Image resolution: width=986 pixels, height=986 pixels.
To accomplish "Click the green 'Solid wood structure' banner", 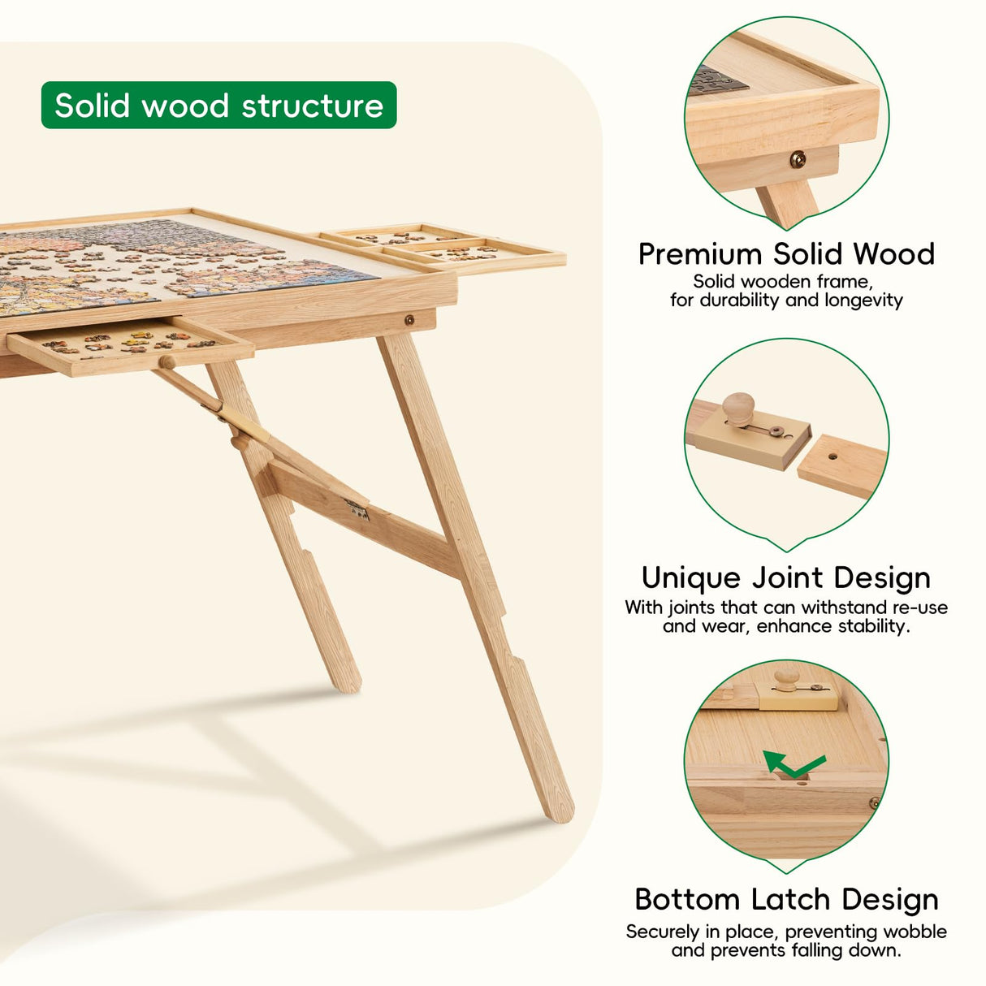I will tap(218, 106).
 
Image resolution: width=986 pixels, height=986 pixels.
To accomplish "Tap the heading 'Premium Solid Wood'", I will tap(786, 254).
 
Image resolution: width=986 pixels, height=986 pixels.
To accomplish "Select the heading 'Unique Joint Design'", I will tap(786, 577).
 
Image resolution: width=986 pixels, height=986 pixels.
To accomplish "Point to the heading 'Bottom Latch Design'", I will tap(786, 899).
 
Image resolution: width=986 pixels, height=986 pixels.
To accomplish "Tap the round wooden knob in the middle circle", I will tap(738, 405).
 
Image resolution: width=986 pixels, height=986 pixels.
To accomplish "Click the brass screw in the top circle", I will tap(798, 159).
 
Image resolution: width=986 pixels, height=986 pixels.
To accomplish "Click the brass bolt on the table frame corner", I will tap(409, 320).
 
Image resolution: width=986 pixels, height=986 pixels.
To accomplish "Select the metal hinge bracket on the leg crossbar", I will tap(357, 510).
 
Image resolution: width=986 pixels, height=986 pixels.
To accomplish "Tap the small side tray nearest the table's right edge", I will tap(475, 254).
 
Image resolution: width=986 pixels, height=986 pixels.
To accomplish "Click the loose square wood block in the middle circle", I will tap(841, 465).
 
